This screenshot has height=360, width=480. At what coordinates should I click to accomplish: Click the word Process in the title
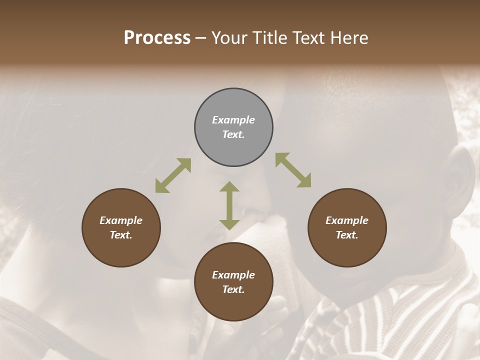(x=157, y=38)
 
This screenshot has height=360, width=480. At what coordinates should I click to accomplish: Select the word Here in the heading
(x=349, y=38)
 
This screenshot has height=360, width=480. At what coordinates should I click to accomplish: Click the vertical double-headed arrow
(x=229, y=205)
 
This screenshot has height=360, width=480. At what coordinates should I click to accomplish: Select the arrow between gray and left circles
(x=173, y=175)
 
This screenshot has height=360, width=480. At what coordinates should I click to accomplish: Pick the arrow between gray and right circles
(x=293, y=170)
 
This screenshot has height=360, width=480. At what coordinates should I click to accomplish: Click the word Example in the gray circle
(x=233, y=120)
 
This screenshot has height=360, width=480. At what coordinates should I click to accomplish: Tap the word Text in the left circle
(x=121, y=235)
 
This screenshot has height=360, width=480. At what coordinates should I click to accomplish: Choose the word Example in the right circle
(x=347, y=220)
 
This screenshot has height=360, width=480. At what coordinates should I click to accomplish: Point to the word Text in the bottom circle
(x=233, y=289)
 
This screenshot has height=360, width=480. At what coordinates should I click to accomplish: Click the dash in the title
(x=201, y=38)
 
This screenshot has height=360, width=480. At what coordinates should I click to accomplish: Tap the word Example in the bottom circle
(x=233, y=275)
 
